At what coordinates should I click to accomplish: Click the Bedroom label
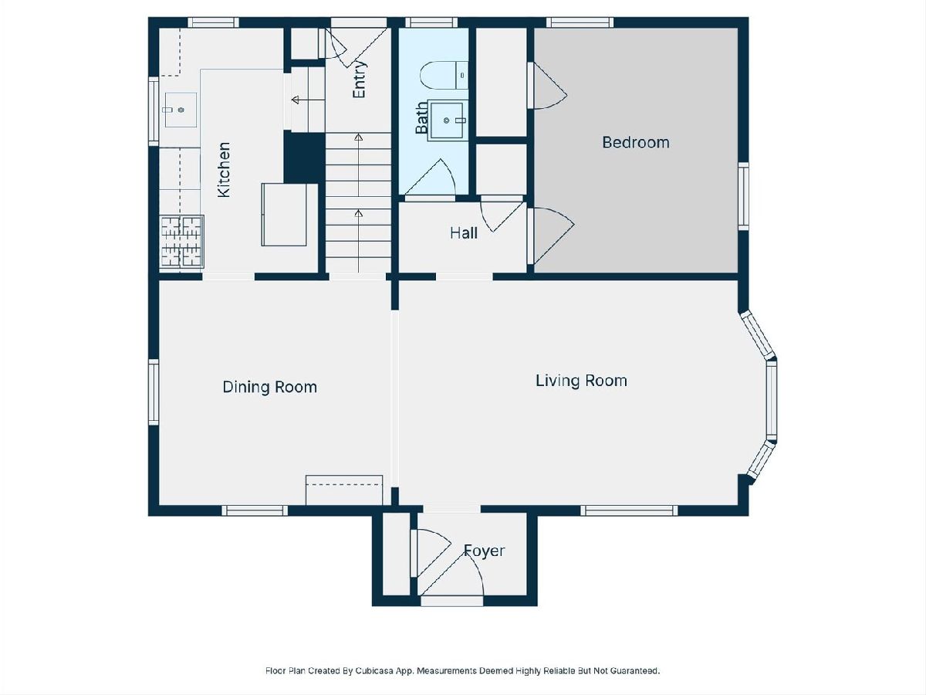coord(635,143)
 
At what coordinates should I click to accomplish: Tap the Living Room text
coord(581,381)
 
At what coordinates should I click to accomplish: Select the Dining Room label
coord(269,387)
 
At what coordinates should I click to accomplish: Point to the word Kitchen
coord(224,170)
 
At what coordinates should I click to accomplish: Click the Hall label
coord(464,233)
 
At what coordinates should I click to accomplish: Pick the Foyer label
coord(484,551)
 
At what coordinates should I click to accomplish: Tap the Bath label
coord(421,117)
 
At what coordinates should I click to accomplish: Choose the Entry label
coord(359,80)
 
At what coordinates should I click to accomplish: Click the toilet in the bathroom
coord(444,75)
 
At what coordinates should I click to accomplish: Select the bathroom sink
coord(447,120)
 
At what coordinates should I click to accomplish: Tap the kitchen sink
coord(181,110)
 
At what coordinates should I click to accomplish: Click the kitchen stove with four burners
coord(182,242)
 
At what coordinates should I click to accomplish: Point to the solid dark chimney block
coord(304,157)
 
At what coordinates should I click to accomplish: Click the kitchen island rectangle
coord(284,215)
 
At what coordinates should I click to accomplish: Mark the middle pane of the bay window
coord(772,400)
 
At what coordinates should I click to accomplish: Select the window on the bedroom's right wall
coord(743,196)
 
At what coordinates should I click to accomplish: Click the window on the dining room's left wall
coord(154,392)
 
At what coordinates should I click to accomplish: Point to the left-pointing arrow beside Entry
coord(308,100)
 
